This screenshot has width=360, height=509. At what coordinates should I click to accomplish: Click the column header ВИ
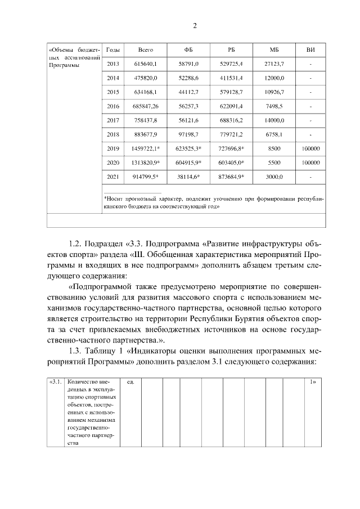(310, 50)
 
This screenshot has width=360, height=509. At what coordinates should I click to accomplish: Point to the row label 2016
(112, 106)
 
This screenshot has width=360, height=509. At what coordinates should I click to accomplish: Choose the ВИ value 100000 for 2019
(310, 148)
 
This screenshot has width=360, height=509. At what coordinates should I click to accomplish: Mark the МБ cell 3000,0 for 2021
(274, 177)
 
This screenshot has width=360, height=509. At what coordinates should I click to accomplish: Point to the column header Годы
(112, 50)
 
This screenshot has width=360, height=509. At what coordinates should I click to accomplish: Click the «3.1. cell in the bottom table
(55, 382)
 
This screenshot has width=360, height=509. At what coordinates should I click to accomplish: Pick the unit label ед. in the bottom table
(130, 382)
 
